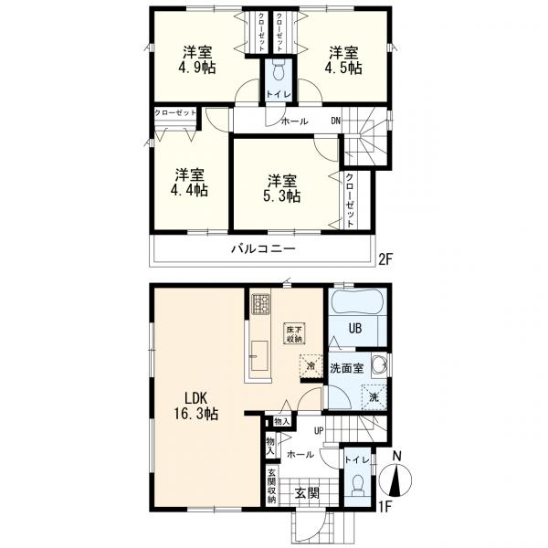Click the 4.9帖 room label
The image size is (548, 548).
(x=197, y=59)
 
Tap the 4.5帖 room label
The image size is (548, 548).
(x=343, y=59)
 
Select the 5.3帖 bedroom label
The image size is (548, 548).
(x=282, y=189)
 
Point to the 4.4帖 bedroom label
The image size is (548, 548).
(x=189, y=183)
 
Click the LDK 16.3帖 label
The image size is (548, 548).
(x=196, y=406)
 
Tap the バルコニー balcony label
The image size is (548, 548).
(x=264, y=249)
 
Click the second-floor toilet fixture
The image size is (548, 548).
(x=279, y=71)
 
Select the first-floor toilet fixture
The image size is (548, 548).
(x=357, y=486)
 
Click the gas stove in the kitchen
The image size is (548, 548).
(x=261, y=302)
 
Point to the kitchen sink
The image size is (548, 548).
(x=259, y=355)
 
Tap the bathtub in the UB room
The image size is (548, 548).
(x=357, y=302)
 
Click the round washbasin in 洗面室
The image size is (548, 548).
(x=379, y=366)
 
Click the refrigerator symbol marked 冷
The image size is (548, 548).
(x=311, y=366)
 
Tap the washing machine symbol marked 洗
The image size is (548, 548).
(x=374, y=397)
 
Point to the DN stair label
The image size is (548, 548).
(x=335, y=121)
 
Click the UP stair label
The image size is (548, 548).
(x=319, y=431)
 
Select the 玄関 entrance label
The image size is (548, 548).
(x=307, y=493)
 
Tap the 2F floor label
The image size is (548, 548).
(x=386, y=259)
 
